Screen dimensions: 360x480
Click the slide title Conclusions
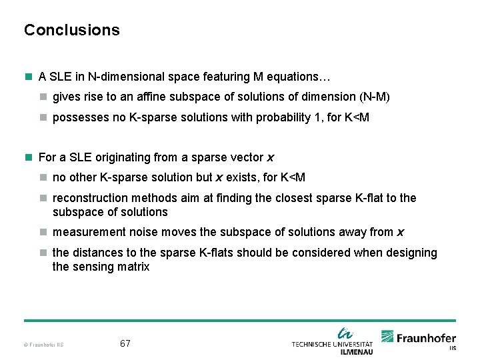click(72, 30)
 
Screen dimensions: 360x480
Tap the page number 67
click(125, 344)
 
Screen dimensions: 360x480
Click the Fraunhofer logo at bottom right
click(419, 339)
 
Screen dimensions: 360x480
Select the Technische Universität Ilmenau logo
click(333, 341)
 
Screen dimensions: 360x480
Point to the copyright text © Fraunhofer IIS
click(44, 345)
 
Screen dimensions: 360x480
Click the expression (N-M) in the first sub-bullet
click(374, 97)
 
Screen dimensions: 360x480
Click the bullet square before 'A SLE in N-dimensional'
click(28, 77)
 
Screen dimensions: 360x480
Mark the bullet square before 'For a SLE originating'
click(28, 157)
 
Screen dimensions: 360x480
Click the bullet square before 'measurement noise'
click(43, 232)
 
